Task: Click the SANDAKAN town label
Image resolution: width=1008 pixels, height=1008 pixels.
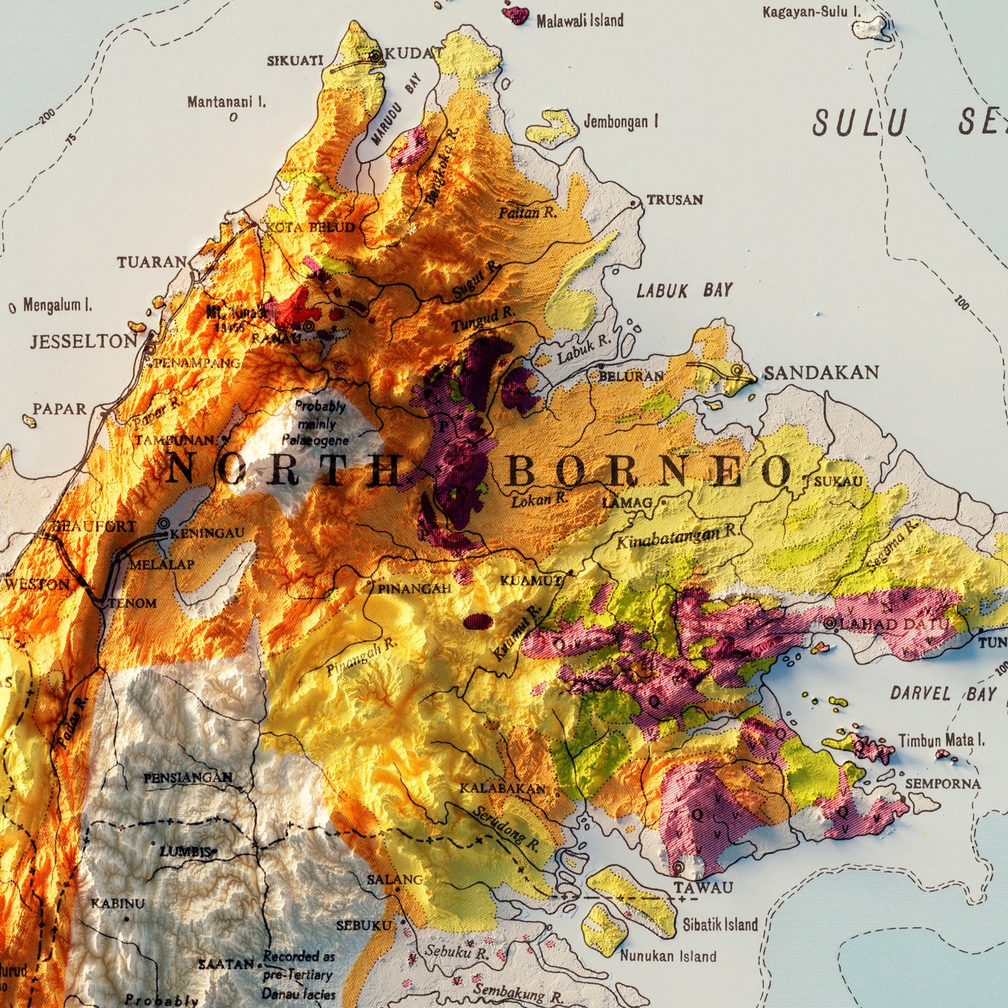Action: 821,373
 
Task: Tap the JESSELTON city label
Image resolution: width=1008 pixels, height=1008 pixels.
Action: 84,341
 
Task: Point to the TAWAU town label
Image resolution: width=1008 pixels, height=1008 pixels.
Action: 703,887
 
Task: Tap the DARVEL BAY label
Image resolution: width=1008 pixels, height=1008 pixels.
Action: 943,693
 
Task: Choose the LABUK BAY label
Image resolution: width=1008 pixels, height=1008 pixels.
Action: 684,290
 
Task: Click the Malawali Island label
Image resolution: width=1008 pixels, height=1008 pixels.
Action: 580,21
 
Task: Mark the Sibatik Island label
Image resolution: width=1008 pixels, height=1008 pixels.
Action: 719,925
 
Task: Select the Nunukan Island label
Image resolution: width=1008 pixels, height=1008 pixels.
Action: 668,956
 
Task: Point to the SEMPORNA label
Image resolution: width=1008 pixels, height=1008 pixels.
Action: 942,784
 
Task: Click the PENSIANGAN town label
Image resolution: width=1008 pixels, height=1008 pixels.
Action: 188,778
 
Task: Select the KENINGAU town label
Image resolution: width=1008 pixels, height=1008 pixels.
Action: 207,533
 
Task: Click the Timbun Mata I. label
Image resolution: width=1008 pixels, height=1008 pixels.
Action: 941,740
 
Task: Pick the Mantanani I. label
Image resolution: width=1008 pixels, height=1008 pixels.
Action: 226,103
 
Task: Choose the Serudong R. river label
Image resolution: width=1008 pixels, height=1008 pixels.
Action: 506,829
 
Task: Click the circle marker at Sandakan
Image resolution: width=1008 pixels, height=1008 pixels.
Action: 737,370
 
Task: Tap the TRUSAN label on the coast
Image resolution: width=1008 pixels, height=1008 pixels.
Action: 674,200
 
